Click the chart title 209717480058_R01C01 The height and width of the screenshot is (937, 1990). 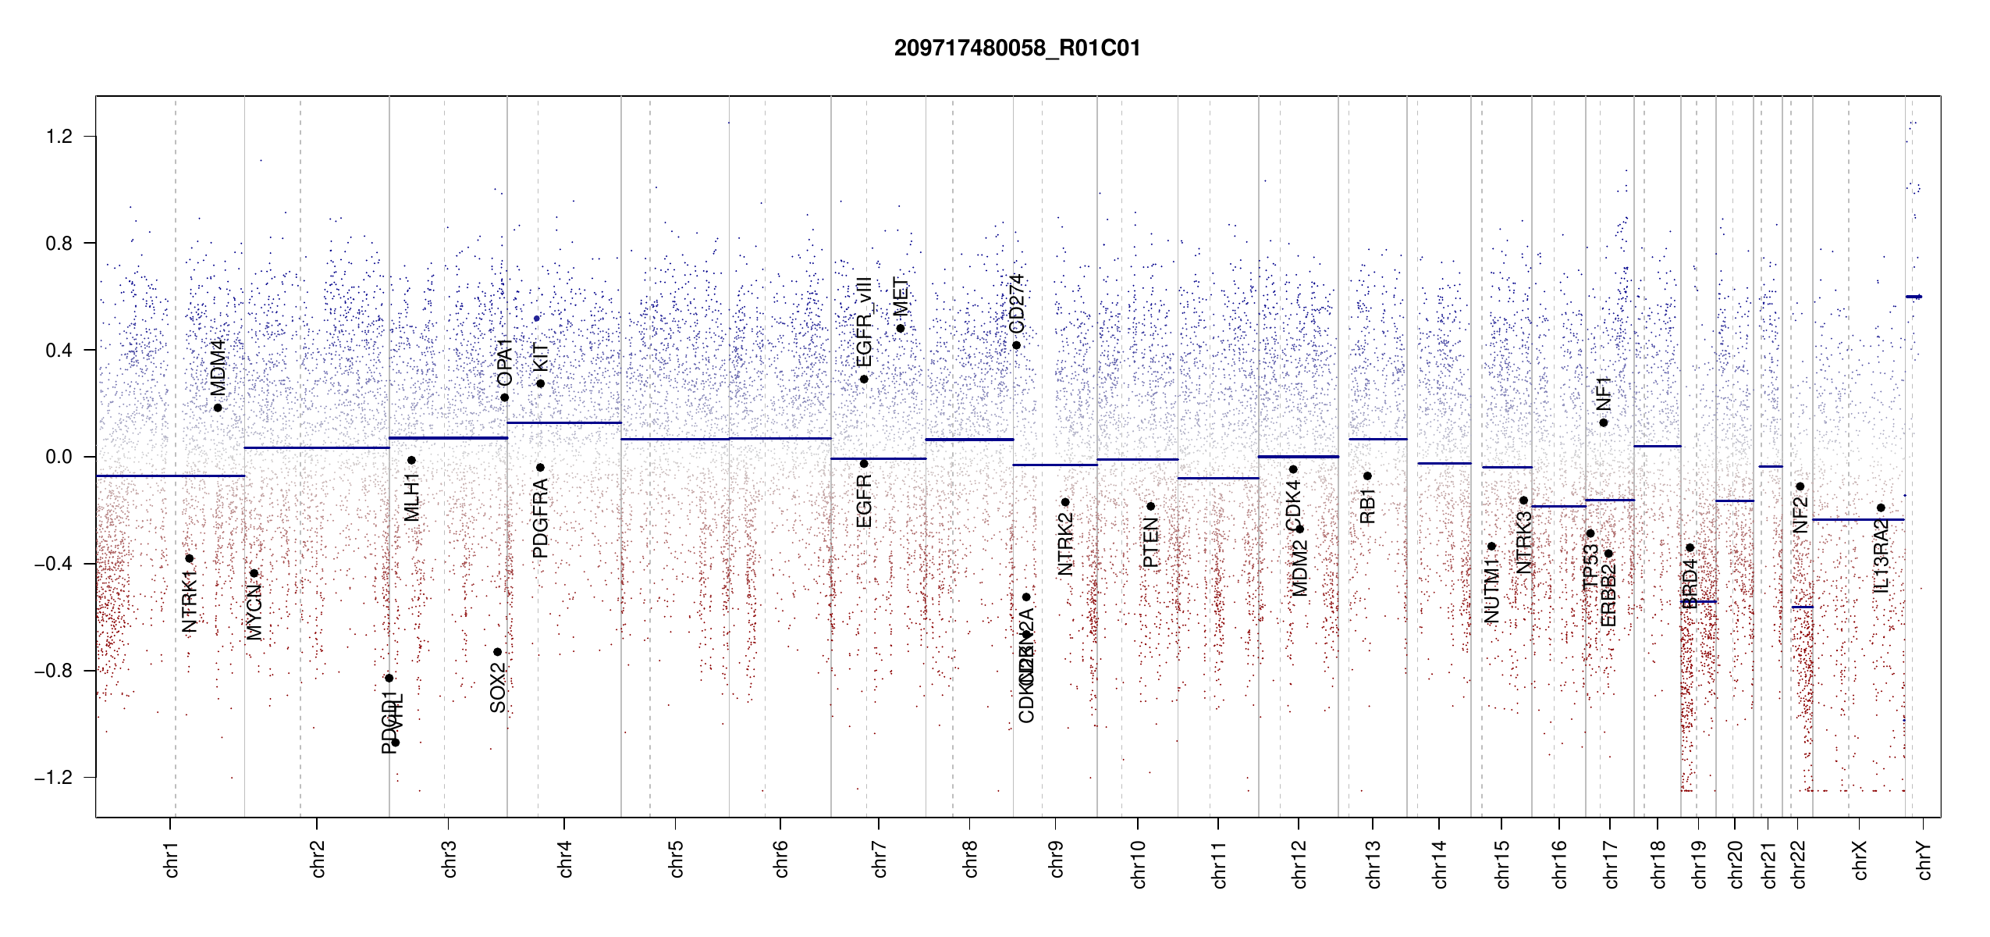tap(1017, 48)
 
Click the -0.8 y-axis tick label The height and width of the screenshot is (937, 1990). tap(53, 671)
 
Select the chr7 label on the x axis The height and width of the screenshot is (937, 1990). tap(880, 859)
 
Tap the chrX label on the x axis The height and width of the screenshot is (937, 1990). tap(1860, 860)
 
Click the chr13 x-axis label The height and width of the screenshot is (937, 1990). tap(1373, 863)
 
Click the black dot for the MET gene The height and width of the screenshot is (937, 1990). tap(900, 328)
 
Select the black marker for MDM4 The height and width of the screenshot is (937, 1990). tap(218, 408)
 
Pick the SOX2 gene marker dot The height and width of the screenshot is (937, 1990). tap(497, 652)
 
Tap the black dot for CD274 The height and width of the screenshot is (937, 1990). tap(1016, 345)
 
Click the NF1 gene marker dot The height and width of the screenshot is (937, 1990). tap(1603, 422)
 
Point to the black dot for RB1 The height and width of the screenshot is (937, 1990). tap(1367, 476)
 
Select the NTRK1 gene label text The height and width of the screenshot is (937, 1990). tap(189, 600)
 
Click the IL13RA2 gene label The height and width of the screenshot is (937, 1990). tap(1881, 555)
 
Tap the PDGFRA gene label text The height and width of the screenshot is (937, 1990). tap(540, 518)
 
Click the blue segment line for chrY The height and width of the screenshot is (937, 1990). tap(1914, 297)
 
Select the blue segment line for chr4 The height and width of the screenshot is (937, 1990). tap(564, 422)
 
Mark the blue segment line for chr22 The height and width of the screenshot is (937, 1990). tap(1802, 607)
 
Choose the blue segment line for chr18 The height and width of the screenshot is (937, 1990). tap(1657, 446)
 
